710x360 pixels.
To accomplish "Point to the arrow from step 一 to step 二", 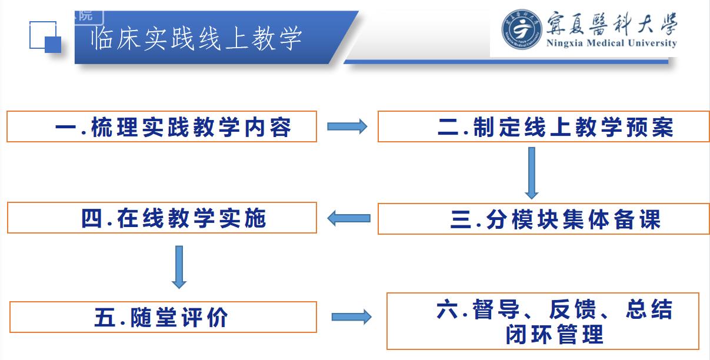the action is pyautogui.click(x=347, y=126).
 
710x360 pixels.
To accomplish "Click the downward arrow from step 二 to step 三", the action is pyautogui.click(x=532, y=173).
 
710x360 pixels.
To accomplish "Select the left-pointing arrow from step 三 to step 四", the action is pyautogui.click(x=349, y=218).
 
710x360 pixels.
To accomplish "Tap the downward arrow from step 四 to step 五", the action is pyautogui.click(x=179, y=267).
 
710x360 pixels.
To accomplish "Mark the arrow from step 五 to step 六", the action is pyautogui.click(x=352, y=317).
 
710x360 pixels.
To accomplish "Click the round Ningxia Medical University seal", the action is pyautogui.click(x=521, y=29).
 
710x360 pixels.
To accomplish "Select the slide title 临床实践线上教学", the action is pyautogui.click(x=196, y=39).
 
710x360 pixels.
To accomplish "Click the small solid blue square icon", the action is pyautogui.click(x=53, y=45).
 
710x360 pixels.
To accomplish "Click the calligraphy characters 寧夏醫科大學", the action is pyautogui.click(x=612, y=23).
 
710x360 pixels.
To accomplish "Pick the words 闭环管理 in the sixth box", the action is pyautogui.click(x=555, y=334).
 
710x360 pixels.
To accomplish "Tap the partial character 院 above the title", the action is pyautogui.click(x=85, y=15).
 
